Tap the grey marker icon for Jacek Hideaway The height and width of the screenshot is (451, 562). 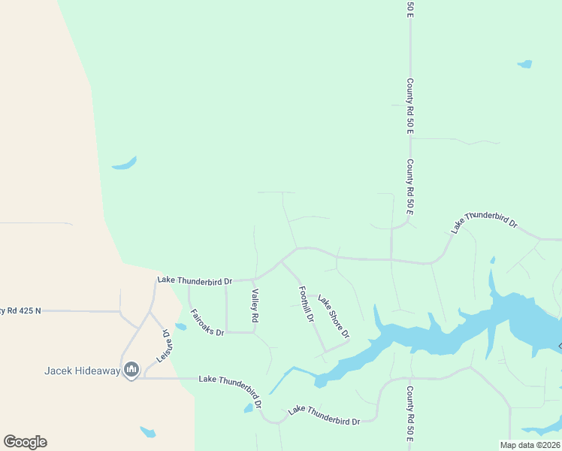[131, 370]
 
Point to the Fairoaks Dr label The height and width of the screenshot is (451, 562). [207, 322]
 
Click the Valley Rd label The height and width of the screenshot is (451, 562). [255, 307]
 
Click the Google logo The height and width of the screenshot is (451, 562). [25, 442]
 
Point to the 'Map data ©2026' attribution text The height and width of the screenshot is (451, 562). [530, 445]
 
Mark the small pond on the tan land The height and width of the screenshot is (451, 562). [148, 432]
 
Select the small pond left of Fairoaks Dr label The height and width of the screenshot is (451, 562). [180, 327]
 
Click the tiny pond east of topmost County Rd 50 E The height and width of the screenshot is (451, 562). [524, 65]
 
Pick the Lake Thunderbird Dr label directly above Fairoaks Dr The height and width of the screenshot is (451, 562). [195, 280]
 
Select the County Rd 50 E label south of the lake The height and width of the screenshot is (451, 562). [410, 414]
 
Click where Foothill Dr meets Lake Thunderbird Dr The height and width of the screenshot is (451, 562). [283, 262]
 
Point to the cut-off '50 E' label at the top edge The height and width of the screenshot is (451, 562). [410, 8]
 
